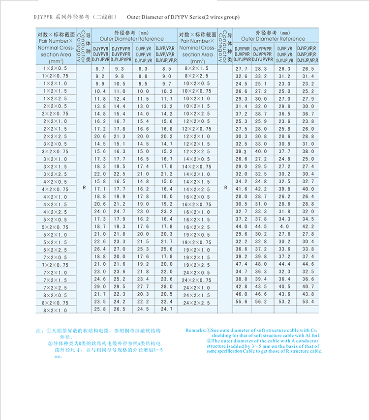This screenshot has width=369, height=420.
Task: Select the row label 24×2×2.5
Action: coord(196,303)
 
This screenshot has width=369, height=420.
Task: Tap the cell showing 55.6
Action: coord(242,302)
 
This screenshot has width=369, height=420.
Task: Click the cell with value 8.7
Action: coord(100,69)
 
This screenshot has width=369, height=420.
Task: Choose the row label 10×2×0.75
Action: coord(196,91)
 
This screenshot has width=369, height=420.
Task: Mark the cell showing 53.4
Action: coord(308,302)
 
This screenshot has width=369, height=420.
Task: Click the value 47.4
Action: coord(242,264)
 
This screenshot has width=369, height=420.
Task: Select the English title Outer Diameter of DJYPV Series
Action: coord(179,17)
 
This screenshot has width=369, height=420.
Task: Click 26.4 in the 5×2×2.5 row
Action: coord(100,249)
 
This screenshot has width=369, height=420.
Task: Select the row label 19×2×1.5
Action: coord(196,257)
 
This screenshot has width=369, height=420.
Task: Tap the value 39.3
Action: coord(242,151)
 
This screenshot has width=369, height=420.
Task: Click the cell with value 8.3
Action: coord(143,69)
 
